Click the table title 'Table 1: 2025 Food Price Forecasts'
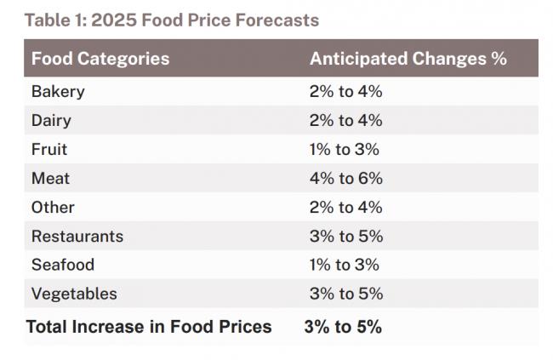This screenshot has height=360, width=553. (x=171, y=20)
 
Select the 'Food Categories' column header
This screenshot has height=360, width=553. (x=100, y=59)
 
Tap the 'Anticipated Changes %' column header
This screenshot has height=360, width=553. (x=408, y=59)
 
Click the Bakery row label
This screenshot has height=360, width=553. (x=58, y=91)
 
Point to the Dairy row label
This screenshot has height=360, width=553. (x=51, y=120)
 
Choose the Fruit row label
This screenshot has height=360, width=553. (x=49, y=149)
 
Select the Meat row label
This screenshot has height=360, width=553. (x=50, y=178)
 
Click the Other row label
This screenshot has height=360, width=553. (x=53, y=207)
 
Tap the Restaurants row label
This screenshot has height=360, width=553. (x=77, y=236)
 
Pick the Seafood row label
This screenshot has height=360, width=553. (x=63, y=265)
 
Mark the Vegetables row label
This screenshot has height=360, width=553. (x=74, y=294)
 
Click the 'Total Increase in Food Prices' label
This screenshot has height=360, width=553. (x=149, y=327)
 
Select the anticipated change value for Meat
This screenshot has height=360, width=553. (x=345, y=178)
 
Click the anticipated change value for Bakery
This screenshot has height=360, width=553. (x=345, y=91)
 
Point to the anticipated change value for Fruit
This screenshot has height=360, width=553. (x=344, y=149)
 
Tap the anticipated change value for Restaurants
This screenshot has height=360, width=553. (x=345, y=236)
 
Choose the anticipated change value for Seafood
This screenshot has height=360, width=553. (x=344, y=265)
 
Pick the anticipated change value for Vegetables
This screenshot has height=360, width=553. (x=345, y=294)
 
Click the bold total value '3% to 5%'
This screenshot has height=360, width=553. (x=342, y=327)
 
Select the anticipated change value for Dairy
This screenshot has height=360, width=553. (x=345, y=120)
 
